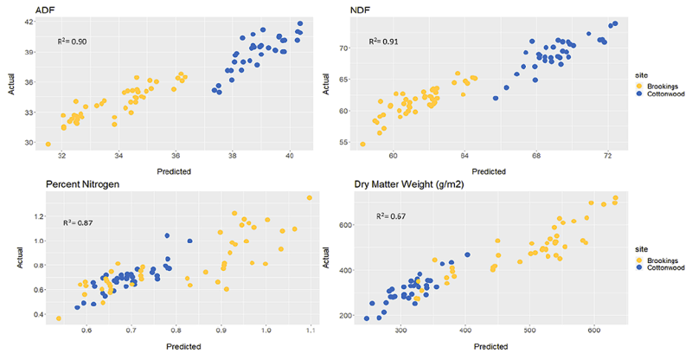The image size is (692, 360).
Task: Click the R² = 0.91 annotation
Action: [x=385, y=41]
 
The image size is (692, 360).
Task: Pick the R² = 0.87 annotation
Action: [x=78, y=223]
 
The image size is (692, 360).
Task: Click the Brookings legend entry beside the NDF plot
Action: [x=659, y=86]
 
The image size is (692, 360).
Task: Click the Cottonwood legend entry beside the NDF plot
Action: [x=661, y=95]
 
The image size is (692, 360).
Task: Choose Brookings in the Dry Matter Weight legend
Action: [x=659, y=258]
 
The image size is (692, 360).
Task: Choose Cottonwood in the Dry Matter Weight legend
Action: [x=661, y=267]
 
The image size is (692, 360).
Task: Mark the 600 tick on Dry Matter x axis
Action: [x=594, y=331]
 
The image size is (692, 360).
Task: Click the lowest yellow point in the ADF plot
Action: [x=48, y=145]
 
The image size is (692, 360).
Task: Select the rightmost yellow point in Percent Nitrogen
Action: [x=309, y=198]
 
